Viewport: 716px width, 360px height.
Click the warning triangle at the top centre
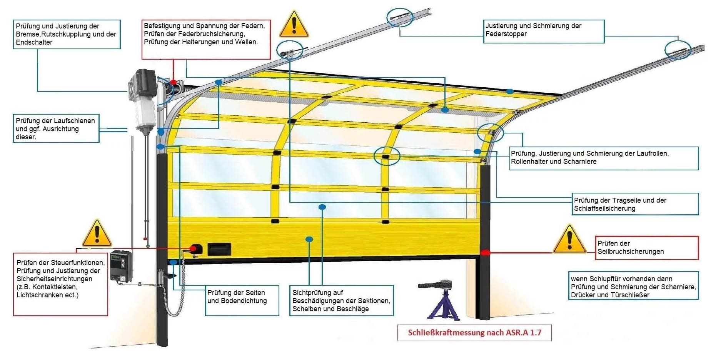294,25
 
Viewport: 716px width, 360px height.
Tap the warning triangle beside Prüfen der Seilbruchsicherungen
569,240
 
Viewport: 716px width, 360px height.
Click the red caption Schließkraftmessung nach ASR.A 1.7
474,333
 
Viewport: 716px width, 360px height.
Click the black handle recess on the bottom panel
219,249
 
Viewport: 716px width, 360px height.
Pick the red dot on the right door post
486,253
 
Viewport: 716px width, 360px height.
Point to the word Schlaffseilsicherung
604,208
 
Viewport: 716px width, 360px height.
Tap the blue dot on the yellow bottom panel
309,239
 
